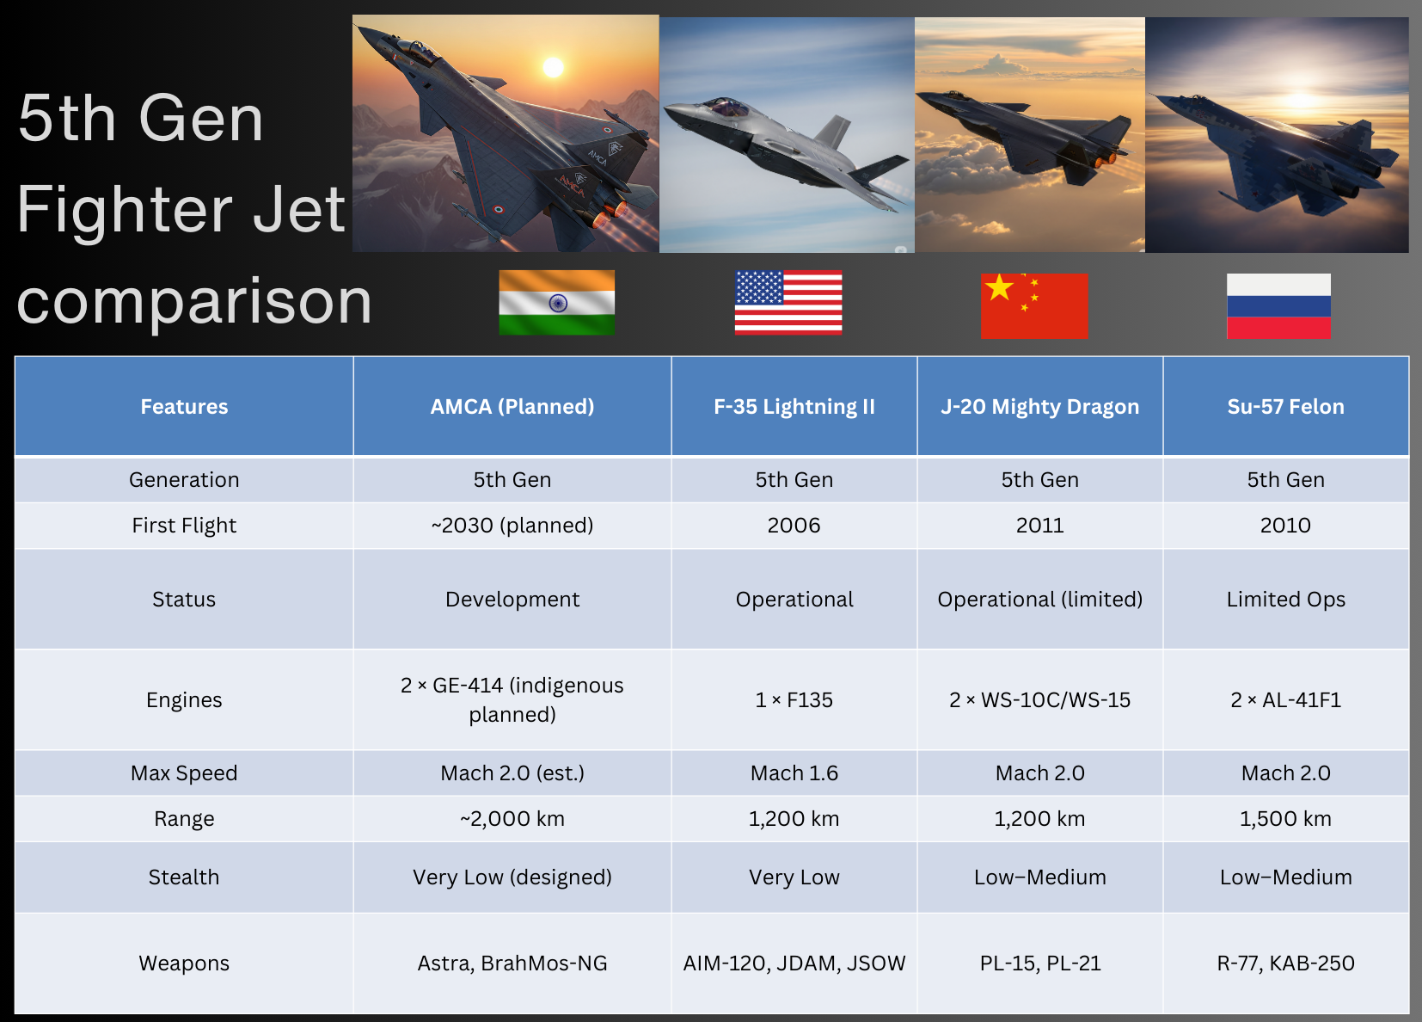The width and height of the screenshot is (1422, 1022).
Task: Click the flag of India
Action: tap(557, 302)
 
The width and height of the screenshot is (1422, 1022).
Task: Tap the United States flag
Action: tap(788, 302)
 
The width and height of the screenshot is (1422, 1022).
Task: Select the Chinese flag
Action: tap(1034, 305)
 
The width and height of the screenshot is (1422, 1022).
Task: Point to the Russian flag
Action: tap(1278, 305)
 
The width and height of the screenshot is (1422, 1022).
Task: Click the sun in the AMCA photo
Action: tap(553, 67)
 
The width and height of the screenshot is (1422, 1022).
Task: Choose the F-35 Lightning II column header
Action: tap(794, 407)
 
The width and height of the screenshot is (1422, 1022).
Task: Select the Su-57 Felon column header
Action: tap(1285, 407)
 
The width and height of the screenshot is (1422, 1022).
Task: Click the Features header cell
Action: tap(184, 407)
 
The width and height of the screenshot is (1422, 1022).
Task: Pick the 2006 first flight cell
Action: tap(794, 526)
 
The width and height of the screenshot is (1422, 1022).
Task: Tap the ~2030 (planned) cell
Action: tap(512, 526)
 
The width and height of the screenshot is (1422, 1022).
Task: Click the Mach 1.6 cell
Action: tap(794, 773)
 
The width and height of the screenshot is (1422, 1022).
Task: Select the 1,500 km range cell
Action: tap(1285, 819)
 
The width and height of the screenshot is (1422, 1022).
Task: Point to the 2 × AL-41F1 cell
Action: tap(1285, 700)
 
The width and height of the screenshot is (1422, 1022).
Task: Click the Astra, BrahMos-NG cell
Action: tap(512, 963)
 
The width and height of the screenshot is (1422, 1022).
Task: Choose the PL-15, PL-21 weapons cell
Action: tap(1039, 963)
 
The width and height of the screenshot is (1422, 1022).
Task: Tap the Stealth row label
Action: tap(184, 877)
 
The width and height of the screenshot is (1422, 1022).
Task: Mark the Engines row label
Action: tap(184, 700)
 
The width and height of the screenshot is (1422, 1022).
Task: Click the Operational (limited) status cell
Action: tap(1039, 599)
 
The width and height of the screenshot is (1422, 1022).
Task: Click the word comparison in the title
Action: tap(194, 302)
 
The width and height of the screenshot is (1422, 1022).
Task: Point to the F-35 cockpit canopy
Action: tap(726, 106)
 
